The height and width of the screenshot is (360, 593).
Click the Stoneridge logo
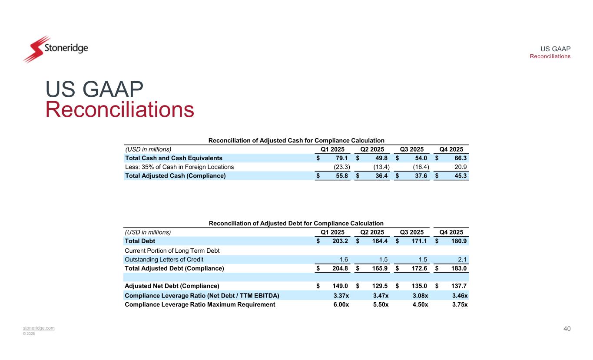pos(55,49)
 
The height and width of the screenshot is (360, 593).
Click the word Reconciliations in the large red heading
pos(119,110)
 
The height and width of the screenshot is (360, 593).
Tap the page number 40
pos(567,329)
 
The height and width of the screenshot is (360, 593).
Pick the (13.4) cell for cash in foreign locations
pos(381,167)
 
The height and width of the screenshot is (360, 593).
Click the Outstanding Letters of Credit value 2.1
pos(463,259)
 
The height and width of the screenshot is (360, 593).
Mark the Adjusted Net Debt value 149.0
pos(340,286)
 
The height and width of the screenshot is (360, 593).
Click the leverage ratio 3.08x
pos(419,296)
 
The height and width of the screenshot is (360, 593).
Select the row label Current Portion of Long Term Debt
pos(172,251)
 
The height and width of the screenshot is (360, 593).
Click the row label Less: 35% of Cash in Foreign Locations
pos(179,167)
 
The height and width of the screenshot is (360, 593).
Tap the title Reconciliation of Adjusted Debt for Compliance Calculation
pos(296,223)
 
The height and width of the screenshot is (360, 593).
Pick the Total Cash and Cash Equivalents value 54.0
pos(421,158)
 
